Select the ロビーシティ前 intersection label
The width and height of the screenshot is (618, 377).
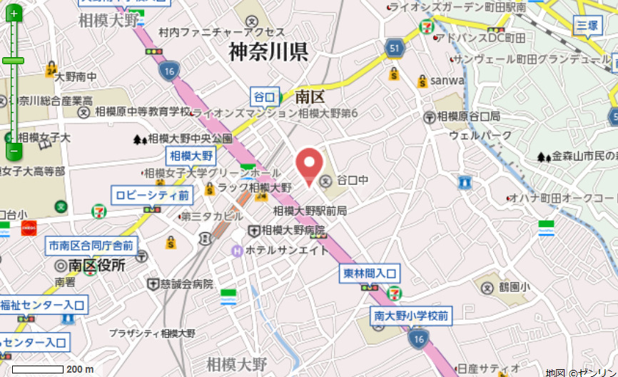tap(151, 195)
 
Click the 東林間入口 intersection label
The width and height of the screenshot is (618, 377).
tap(369, 273)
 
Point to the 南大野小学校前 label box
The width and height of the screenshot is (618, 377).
tap(411, 315)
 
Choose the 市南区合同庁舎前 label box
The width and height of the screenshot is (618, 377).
tap(91, 246)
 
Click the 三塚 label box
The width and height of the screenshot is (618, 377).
tap(588, 26)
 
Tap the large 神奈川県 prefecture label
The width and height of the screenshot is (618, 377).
tap(268, 52)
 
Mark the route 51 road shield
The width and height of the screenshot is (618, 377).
tap(396, 48)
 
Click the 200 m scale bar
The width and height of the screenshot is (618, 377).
tap(39, 369)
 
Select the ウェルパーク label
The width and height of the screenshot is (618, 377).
tap(480, 135)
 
